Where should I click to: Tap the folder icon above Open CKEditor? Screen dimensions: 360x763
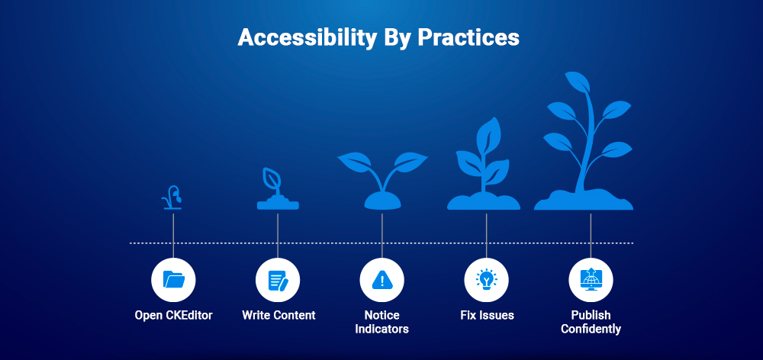(174, 280)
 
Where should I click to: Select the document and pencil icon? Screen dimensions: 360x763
(278, 280)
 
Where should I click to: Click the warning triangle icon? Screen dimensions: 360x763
(381, 280)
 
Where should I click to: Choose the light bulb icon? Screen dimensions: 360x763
(486, 280)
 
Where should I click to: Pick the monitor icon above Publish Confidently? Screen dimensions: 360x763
(591, 280)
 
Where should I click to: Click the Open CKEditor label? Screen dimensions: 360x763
(174, 315)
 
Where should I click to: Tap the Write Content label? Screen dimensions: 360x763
(278, 315)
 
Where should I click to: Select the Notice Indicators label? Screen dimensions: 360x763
(381, 322)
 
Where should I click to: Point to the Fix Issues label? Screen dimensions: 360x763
(487, 315)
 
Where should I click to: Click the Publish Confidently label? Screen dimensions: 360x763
(591, 322)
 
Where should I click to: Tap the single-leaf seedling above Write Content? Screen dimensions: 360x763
(277, 189)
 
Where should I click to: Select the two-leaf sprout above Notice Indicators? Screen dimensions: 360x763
(382, 172)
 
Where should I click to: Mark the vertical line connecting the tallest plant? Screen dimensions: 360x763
(591, 229)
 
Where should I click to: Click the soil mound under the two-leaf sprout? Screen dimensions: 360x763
(382, 201)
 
